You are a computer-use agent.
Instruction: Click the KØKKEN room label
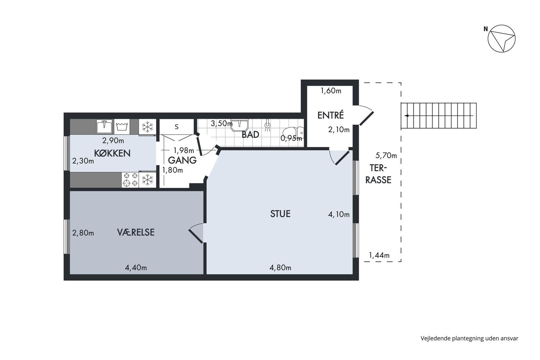point(112,153)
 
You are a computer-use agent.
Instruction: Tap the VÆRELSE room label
point(136,232)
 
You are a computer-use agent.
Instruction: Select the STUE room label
point(280,214)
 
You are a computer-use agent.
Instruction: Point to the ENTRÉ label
point(330,115)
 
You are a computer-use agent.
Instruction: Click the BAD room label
point(250,135)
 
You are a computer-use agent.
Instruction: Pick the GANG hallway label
point(182,161)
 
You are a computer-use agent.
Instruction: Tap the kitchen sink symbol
point(105,126)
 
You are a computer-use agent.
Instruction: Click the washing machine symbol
point(122,126)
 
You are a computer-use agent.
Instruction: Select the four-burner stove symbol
point(130,180)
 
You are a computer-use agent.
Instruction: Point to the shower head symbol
point(267,125)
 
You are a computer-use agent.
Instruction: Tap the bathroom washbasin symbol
point(239,125)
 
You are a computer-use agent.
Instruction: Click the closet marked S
point(177,127)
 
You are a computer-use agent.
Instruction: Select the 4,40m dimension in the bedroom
point(136,268)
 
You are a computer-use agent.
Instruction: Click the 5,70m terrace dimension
point(386,156)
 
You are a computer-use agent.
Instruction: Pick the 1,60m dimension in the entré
point(331,91)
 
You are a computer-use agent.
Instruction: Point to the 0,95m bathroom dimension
point(291,139)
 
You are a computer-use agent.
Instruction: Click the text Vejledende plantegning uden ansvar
point(469,338)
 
